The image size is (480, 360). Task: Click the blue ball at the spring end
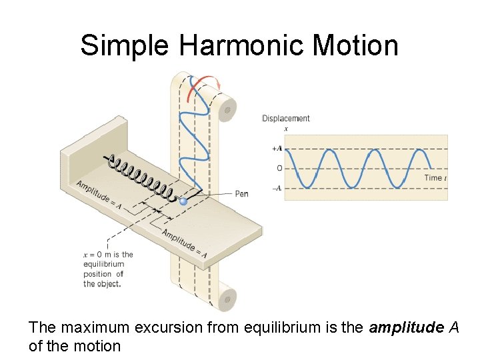[x=183, y=201]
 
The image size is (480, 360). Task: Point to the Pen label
[x=241, y=194]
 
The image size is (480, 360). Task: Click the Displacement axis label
[x=285, y=119]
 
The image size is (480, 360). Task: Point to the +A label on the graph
[x=276, y=149]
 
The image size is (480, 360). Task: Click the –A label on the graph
[x=276, y=188]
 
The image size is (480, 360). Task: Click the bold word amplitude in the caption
[x=399, y=327]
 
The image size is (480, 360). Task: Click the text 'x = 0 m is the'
[x=108, y=254]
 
